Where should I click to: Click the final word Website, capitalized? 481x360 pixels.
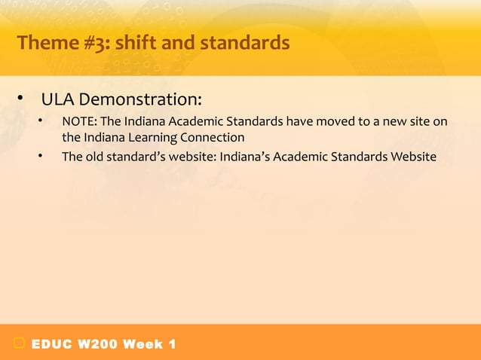point(412,157)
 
